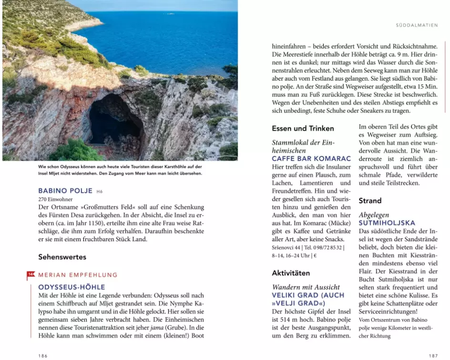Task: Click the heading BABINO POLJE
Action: (x=65, y=191)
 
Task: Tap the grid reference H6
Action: (x=100, y=192)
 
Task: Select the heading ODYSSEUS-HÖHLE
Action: (x=72, y=287)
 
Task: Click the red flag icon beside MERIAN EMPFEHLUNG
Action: (x=31, y=275)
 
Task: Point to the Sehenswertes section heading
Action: (x=62, y=257)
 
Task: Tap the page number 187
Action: (x=433, y=355)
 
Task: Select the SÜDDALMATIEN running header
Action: (x=417, y=25)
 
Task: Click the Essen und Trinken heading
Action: (x=303, y=128)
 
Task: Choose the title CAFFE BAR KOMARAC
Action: (x=311, y=158)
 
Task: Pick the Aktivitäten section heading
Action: (x=291, y=273)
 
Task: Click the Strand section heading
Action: (x=370, y=201)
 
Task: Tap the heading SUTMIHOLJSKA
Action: (x=387, y=223)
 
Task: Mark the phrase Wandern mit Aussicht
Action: (x=306, y=287)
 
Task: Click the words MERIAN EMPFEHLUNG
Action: (x=78, y=275)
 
